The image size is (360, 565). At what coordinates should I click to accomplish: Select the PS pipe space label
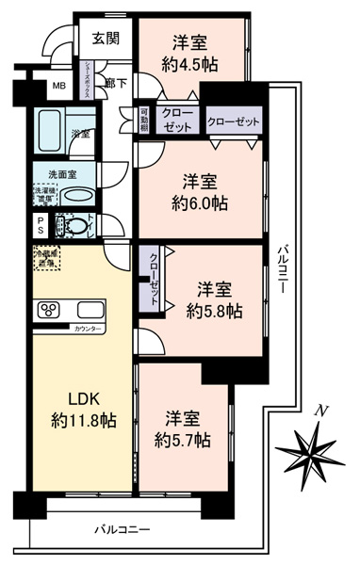click(x=41, y=226)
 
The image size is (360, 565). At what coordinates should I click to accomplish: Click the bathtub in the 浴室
click(x=54, y=133)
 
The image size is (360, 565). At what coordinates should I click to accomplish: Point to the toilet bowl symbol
click(x=71, y=226)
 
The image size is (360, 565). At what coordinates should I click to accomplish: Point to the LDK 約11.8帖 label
click(x=81, y=409)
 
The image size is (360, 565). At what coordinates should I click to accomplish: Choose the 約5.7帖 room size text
click(x=183, y=440)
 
